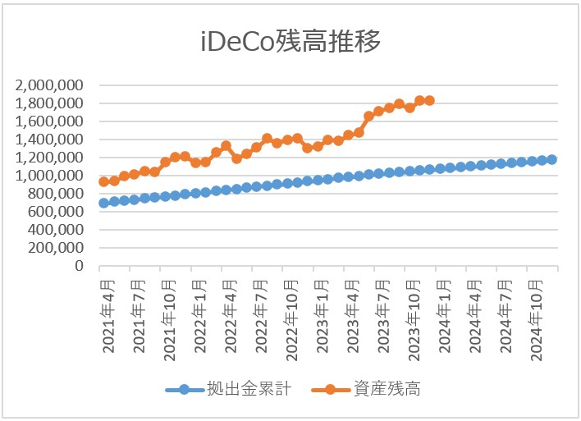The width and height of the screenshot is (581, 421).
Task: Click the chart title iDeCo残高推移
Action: coord(290,41)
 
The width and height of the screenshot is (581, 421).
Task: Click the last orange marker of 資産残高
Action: coord(429,101)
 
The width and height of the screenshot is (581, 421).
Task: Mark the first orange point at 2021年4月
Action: coord(104,182)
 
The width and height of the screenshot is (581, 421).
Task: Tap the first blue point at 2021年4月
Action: coord(104,203)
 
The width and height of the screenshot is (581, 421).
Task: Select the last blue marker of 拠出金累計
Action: coord(551,160)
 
